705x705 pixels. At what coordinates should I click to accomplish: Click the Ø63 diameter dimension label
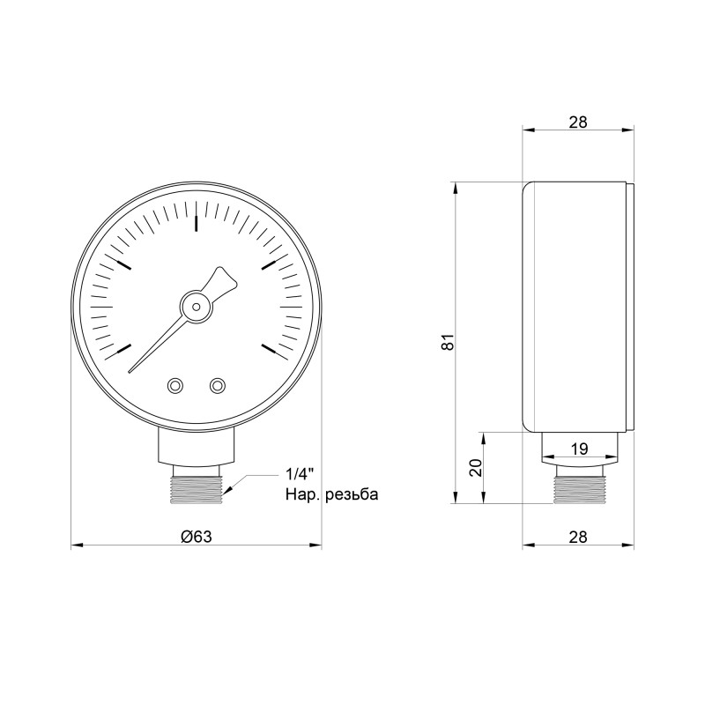[x=196, y=536]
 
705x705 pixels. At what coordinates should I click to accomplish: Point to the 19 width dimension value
[x=579, y=449]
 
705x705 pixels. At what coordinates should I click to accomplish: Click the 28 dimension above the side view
[x=578, y=122]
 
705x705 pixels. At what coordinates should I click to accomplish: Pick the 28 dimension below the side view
[x=578, y=536]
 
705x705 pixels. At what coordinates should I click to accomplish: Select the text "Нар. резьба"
[x=331, y=494]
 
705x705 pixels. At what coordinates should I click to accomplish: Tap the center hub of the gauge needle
[x=195, y=307]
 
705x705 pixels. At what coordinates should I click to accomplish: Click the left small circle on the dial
[x=174, y=385]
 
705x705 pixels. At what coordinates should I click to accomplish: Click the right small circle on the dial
[x=217, y=385]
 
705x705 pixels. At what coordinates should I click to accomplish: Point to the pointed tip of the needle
[x=130, y=370]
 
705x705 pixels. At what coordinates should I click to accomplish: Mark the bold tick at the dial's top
[x=196, y=222]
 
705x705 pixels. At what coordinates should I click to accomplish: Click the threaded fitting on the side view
[x=579, y=487]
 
